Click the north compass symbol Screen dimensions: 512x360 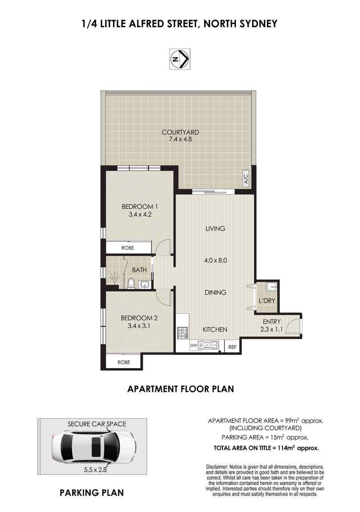point(180,59)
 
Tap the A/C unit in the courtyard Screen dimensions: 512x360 point(245,178)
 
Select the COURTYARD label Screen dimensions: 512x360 point(180,132)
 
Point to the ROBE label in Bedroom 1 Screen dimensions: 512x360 point(128,248)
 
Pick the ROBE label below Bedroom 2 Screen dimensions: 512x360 point(124,362)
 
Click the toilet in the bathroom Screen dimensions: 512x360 point(131,283)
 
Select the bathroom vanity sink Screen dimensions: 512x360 point(145,284)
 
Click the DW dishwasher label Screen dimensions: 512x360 point(193,345)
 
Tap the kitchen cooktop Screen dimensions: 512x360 point(182,332)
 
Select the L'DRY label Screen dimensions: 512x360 point(267,301)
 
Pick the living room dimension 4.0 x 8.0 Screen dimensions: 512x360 point(216,261)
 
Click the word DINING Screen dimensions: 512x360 point(215,293)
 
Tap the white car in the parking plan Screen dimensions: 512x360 point(92,447)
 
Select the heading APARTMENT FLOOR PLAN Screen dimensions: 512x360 point(180,389)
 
